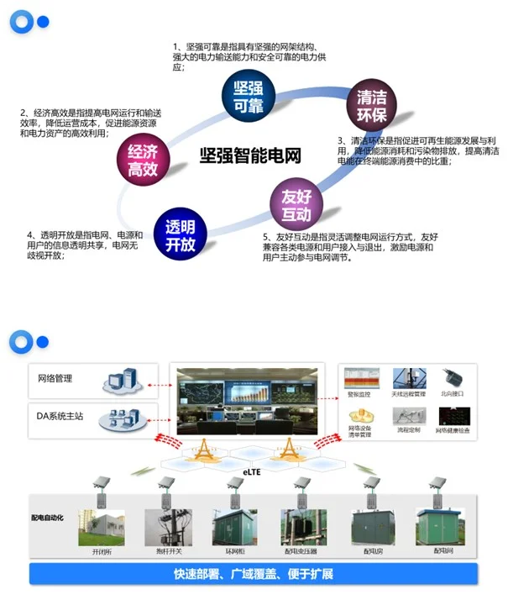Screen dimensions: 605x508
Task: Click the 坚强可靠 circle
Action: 248,95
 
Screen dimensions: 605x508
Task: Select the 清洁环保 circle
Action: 371,103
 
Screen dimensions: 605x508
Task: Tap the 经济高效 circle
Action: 142,160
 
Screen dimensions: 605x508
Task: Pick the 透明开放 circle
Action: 180,234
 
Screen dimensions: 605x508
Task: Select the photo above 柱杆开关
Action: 164,527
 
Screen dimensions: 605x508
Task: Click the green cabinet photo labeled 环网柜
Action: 234,527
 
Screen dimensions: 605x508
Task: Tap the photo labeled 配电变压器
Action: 301,527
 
